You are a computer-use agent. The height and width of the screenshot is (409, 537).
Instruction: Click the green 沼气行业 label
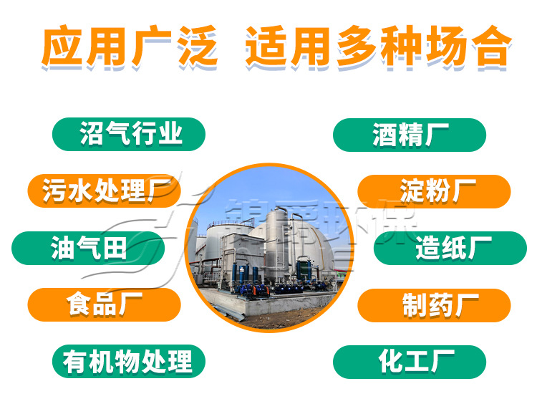click(129, 134)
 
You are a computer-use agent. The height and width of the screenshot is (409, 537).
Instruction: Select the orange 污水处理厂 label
click(104, 191)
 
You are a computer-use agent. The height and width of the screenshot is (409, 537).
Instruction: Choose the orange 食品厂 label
click(104, 304)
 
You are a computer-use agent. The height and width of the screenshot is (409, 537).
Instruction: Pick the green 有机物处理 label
click(129, 361)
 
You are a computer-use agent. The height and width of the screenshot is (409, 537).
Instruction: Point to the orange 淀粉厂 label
click(434, 191)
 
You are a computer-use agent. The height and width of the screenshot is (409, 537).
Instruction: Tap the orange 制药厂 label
click(434, 304)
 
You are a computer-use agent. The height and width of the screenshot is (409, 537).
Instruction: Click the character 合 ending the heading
click(490, 47)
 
